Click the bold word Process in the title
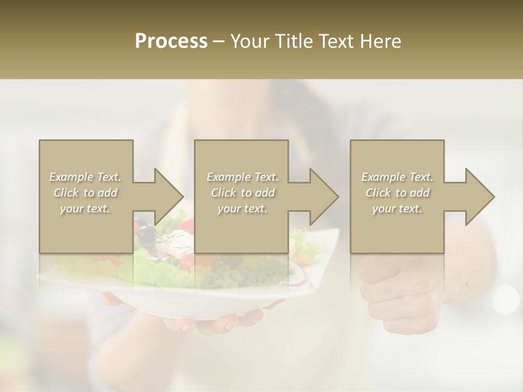[171, 41]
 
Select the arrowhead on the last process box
[478, 197]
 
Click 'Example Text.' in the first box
[86, 177]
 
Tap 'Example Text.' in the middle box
[242, 177]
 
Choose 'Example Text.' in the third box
[397, 177]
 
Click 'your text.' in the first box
[86, 209]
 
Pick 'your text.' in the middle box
[242, 209]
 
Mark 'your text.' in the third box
[397, 209]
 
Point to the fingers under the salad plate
[229, 321]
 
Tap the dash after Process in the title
[218, 41]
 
